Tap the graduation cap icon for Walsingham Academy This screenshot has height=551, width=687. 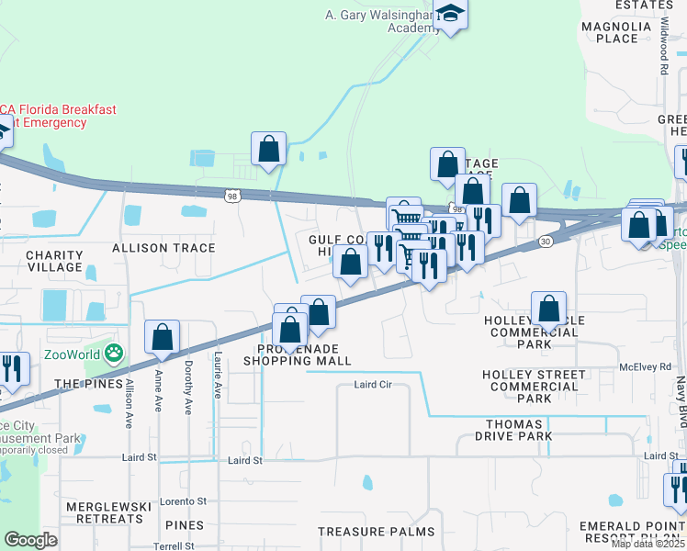(x=450, y=14)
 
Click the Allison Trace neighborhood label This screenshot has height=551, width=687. (x=163, y=248)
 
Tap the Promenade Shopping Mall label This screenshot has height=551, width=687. (x=297, y=355)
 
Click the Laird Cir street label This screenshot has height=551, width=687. (x=373, y=385)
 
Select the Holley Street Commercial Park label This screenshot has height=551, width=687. (x=534, y=387)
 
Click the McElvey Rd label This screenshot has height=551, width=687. (x=645, y=367)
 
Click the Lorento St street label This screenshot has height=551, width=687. (x=184, y=501)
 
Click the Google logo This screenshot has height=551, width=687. (x=30, y=540)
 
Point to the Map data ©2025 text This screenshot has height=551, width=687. (x=648, y=544)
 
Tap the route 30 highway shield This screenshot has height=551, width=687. (x=545, y=241)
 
